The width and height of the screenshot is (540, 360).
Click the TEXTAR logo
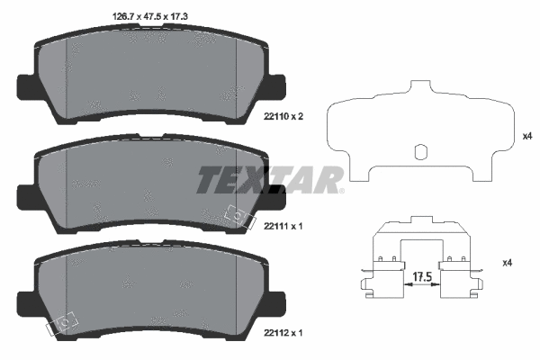[x=269, y=179]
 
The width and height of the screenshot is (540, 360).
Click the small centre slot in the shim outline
[x=418, y=152]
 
